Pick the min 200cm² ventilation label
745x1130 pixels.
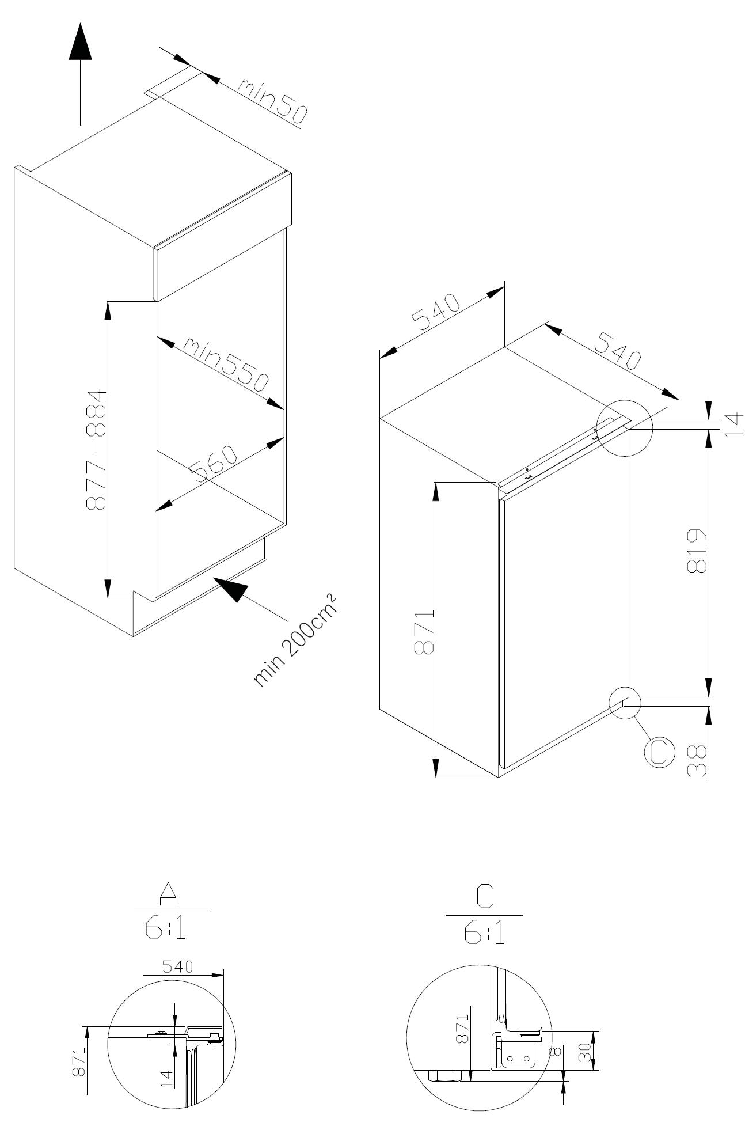(x=294, y=639)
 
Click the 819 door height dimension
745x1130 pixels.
(x=697, y=551)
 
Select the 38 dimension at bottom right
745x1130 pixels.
(x=697, y=760)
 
